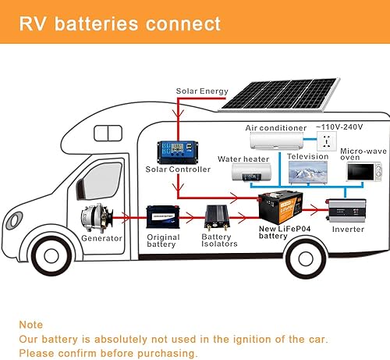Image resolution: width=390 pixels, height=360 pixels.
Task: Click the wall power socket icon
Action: pos(325,142)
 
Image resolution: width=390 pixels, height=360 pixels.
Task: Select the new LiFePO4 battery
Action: pos(283,207)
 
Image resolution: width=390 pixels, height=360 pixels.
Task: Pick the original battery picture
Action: pos(163,215)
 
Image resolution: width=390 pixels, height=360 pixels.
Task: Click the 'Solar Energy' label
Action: pos(202,91)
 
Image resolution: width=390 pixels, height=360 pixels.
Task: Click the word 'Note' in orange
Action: pos(32,324)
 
